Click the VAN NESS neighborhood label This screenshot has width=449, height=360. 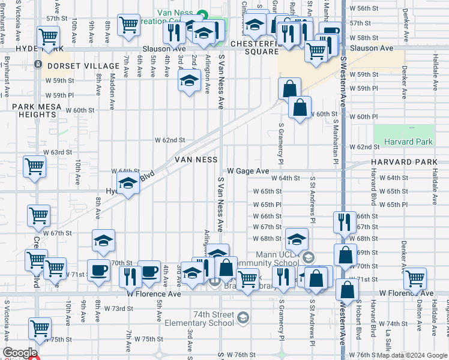click(196, 160)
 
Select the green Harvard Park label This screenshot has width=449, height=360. click(403, 142)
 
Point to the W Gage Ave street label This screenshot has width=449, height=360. click(247, 171)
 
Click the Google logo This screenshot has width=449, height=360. click(19, 353)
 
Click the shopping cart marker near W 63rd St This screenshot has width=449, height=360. click(34, 166)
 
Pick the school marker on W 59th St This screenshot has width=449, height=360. click(189, 80)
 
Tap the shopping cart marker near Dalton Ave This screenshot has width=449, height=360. click(415, 277)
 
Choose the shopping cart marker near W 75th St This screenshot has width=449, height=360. click(40, 328)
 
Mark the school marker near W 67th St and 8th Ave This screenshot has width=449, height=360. click(103, 240)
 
